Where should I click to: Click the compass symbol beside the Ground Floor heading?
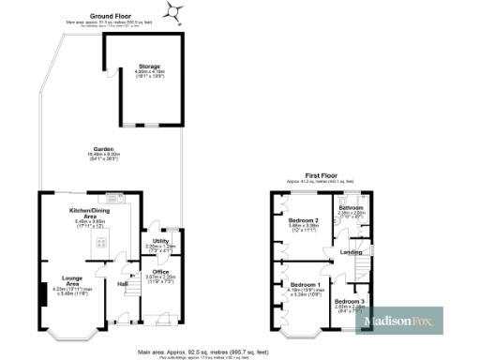[172, 11]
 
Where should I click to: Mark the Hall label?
[122, 283]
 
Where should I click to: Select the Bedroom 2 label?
[304, 221]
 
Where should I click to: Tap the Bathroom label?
[351, 207]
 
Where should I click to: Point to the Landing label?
[352, 252]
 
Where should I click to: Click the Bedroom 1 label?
[305, 284]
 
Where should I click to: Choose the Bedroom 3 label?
[350, 301]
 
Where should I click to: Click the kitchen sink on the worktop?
[112, 199]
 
